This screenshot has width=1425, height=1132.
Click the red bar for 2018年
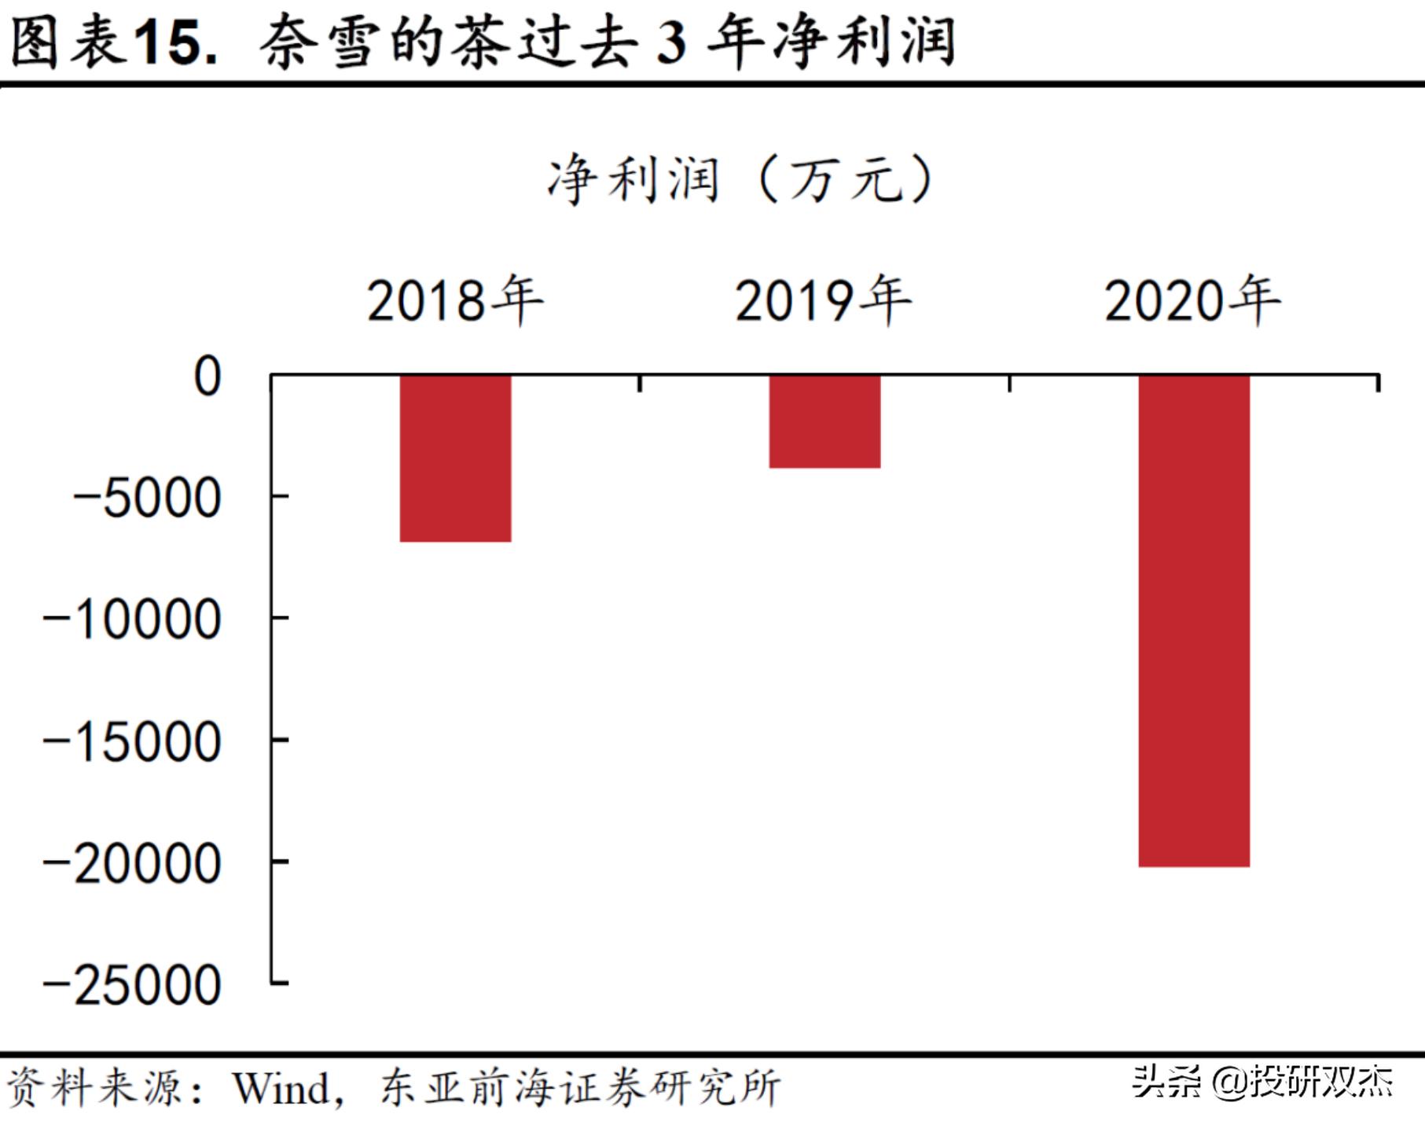point(455,458)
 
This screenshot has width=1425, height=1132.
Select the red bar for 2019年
point(825,421)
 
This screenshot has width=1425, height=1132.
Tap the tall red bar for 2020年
point(1194,620)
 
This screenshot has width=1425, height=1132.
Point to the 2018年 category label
point(455,300)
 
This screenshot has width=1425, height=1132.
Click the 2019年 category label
point(823,300)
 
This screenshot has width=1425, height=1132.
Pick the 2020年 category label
point(1192,300)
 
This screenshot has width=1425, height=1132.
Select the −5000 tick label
point(147,498)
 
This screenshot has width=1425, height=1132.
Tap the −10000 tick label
point(131,620)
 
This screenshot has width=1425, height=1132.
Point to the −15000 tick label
point(131,742)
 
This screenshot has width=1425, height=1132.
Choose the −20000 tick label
point(131,864)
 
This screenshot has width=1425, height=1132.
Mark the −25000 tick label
point(131,986)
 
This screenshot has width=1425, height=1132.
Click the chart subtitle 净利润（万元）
point(740,180)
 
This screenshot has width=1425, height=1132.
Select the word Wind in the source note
point(281,1089)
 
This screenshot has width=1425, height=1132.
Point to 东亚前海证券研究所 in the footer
point(580,1089)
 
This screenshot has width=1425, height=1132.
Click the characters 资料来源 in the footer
point(94,1089)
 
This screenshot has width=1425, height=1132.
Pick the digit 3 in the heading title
point(672,43)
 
